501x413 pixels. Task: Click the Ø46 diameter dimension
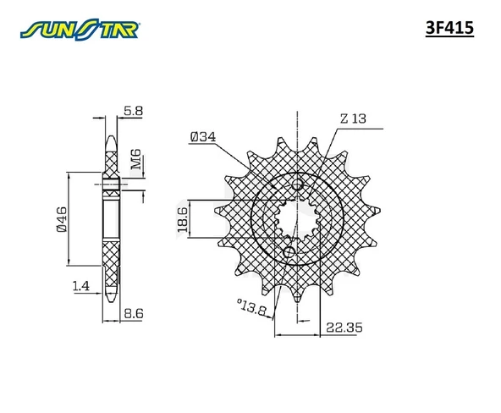click(62, 218)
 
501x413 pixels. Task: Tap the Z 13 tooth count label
click(353, 120)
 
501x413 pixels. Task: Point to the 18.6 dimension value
click(182, 219)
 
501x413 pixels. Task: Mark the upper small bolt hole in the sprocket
click(296, 186)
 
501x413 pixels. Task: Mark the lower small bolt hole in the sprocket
click(288, 252)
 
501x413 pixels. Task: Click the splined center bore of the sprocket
click(293, 219)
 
